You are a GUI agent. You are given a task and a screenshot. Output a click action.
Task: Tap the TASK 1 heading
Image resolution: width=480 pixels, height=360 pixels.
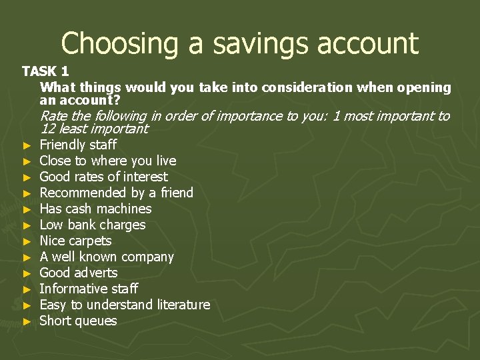coord(45,71)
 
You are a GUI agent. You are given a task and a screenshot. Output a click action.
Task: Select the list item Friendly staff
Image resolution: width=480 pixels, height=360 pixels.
coord(78,145)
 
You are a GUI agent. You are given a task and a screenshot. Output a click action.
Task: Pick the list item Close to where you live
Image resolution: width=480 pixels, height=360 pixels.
coord(108,161)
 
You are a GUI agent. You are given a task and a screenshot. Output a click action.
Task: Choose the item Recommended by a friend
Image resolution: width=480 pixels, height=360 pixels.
coord(116,193)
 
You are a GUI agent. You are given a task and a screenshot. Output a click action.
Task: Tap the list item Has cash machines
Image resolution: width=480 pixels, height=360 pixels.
coord(95,209)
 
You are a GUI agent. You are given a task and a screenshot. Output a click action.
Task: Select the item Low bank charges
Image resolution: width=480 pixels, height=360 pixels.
coord(93,225)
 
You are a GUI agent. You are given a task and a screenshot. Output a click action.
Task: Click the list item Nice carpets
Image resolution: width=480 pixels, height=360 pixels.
coord(75,241)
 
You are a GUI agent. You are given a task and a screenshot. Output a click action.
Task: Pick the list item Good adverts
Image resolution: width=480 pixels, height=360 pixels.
coord(78,273)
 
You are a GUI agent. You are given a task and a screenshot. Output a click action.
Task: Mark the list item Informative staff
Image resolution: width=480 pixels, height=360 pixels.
coord(89,289)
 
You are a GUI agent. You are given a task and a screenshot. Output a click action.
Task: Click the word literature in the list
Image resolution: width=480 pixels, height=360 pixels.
coord(183,305)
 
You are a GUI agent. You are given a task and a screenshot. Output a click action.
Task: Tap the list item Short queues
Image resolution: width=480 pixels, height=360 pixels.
coord(78,321)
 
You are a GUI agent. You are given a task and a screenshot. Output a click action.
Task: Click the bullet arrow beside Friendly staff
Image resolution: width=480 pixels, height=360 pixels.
coord(27,145)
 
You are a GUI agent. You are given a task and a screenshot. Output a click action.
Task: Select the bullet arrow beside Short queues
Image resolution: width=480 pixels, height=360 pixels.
coord(27,321)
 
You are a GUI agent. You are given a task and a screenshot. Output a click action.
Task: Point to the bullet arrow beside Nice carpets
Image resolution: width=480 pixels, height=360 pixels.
coord(27,241)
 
